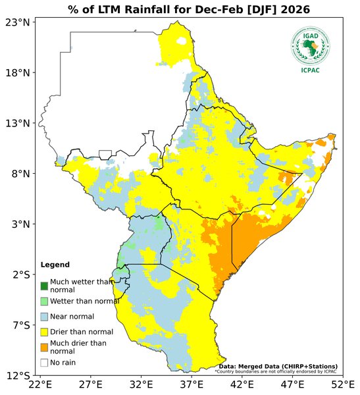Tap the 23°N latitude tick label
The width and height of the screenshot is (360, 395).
coord(18,22)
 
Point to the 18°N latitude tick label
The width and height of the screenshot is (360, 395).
coord(18,72)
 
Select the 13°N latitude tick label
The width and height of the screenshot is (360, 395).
coord(18,123)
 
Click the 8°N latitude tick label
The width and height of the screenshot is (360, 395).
coord(20,174)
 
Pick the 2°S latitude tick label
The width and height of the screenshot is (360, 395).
coord(20,275)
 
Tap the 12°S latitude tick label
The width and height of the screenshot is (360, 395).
coord(18,376)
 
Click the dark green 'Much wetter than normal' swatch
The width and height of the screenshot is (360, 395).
coord(44,286)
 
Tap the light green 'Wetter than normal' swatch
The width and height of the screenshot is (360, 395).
coord(44,301)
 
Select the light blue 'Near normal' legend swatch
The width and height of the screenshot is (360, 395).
coord(44,317)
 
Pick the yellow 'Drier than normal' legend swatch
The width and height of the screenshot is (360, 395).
coord(44,331)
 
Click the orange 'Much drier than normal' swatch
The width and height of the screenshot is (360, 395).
coord(44,347)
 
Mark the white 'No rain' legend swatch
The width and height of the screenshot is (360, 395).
coord(44,362)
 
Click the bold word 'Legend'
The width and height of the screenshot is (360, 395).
coord(55,265)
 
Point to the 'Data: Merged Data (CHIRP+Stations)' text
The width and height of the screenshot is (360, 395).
coord(278,366)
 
